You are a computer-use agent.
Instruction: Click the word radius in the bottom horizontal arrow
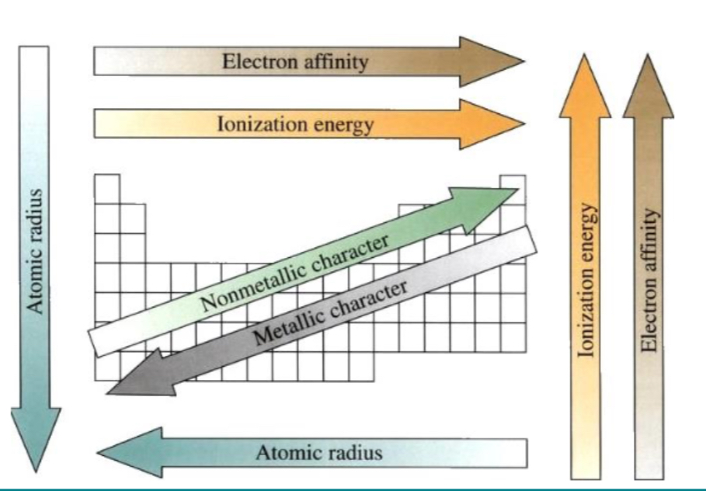click(x=354, y=451)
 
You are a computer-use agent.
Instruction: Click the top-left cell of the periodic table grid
click(x=107, y=189)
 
